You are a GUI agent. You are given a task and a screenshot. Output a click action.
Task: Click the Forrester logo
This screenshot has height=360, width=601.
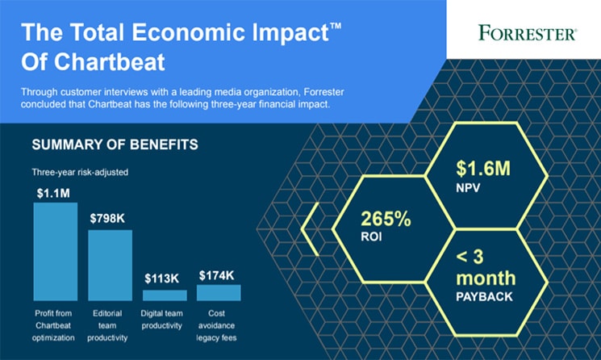(528, 32)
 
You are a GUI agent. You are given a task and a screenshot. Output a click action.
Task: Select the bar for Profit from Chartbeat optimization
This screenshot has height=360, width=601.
(56, 252)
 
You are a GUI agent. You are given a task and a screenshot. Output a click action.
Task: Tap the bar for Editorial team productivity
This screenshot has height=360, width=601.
(110, 266)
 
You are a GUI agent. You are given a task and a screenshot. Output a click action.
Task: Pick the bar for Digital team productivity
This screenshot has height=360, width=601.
(165, 295)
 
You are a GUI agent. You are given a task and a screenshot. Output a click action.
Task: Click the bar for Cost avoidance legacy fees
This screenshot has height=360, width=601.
(219, 292)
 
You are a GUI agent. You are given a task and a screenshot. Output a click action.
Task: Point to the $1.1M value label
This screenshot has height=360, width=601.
(53, 193)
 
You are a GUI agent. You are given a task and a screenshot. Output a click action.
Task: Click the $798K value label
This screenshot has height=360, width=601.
(107, 219)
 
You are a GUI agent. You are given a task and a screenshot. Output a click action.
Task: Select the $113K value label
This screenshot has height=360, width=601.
(162, 278)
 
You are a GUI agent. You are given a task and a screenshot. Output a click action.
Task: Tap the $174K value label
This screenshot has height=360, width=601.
(216, 275)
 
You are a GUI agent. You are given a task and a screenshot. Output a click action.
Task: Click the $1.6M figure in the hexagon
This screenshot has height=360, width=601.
(483, 169)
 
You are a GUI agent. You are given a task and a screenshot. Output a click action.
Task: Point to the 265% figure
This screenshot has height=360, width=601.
(386, 219)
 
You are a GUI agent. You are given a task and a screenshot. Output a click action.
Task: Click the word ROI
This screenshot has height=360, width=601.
(371, 237)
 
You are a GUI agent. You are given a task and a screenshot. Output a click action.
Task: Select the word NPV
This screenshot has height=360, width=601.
(468, 187)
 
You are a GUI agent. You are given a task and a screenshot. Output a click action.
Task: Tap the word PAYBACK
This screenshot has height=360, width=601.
(484, 296)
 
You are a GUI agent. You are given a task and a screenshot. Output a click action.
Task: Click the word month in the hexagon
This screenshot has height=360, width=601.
(486, 278)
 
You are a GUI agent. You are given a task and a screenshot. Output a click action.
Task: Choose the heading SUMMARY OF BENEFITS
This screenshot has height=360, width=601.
(115, 144)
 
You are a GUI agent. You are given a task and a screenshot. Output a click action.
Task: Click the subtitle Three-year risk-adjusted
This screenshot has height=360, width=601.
(80, 172)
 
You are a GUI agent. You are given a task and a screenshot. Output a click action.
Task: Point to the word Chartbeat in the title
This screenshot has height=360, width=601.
(110, 61)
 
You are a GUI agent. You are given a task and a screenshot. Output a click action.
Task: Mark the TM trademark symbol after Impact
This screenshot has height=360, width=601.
(336, 26)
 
